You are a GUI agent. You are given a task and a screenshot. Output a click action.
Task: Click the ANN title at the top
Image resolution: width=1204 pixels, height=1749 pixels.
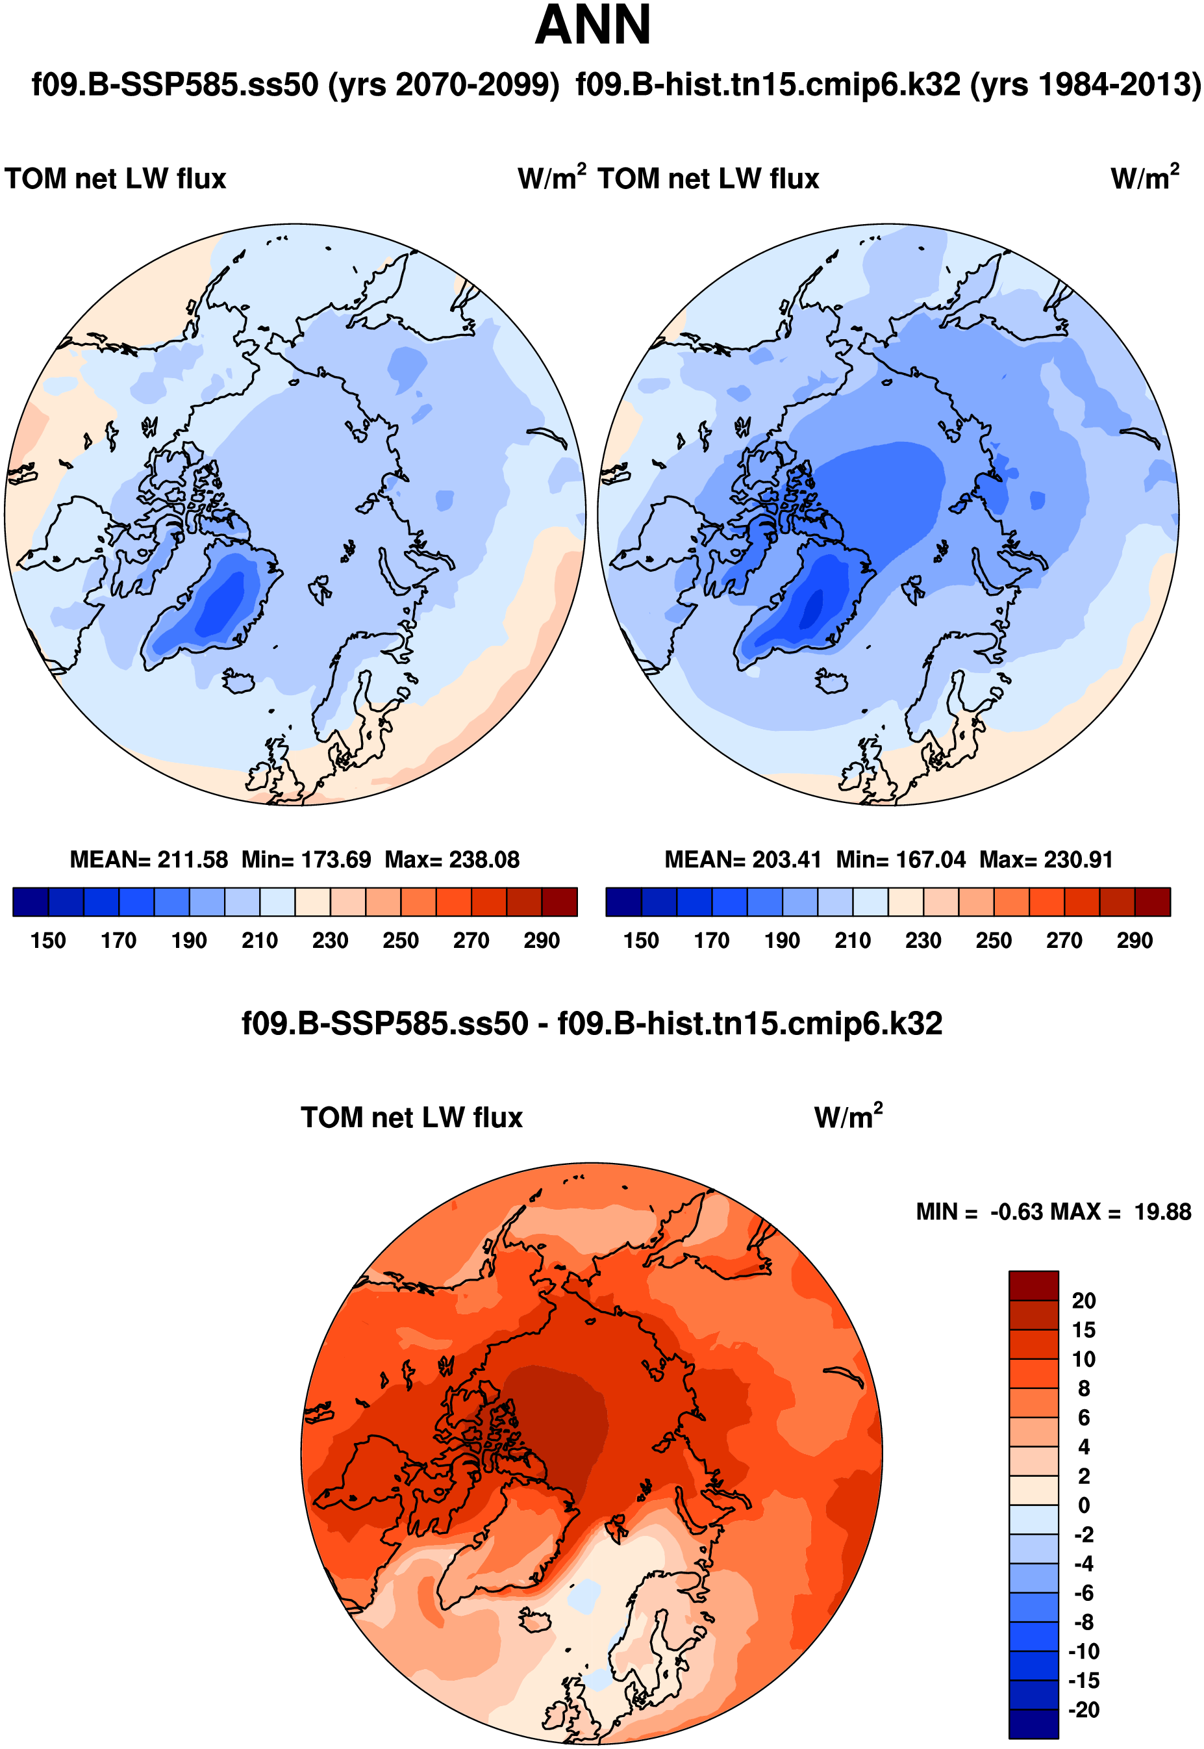click(x=593, y=25)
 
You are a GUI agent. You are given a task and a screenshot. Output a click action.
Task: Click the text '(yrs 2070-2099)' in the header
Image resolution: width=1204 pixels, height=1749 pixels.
click(x=444, y=84)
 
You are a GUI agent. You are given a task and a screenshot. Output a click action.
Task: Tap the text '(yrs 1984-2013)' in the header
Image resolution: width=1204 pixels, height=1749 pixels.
click(x=1086, y=84)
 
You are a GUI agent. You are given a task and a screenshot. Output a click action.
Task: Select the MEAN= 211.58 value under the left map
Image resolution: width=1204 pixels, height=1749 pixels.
click(x=149, y=860)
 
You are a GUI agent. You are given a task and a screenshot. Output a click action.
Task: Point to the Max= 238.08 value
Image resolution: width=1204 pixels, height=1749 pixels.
click(x=452, y=860)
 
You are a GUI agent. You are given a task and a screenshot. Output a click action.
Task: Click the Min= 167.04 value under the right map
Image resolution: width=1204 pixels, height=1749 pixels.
click(x=901, y=860)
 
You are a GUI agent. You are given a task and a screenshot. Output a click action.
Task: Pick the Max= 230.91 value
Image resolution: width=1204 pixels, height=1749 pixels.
click(x=1046, y=860)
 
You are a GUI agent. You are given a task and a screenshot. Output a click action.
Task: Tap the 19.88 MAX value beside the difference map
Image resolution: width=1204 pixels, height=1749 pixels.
click(x=1162, y=1212)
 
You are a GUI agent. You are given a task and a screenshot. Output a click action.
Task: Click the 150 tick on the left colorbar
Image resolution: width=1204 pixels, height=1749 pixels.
click(x=48, y=941)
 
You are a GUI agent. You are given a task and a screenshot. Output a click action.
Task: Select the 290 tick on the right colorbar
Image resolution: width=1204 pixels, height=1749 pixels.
click(x=1135, y=941)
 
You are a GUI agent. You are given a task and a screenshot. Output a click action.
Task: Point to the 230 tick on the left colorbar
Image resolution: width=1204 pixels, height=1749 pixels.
click(x=331, y=941)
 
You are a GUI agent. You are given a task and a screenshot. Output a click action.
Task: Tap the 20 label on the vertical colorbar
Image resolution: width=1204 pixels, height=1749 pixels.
click(x=1083, y=1301)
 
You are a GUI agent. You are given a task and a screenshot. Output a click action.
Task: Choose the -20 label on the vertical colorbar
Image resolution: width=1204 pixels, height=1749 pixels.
click(x=1083, y=1710)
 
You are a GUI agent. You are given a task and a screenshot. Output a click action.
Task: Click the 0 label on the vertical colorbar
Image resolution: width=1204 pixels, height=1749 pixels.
click(x=1084, y=1505)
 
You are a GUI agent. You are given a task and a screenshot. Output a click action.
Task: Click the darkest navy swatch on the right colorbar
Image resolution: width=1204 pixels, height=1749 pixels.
click(x=624, y=902)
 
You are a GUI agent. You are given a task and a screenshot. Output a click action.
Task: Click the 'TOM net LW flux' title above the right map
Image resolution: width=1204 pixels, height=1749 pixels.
click(x=709, y=179)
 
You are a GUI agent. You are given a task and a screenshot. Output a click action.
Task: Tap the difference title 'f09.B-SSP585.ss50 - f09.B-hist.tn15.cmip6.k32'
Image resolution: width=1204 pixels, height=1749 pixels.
click(x=592, y=1024)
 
